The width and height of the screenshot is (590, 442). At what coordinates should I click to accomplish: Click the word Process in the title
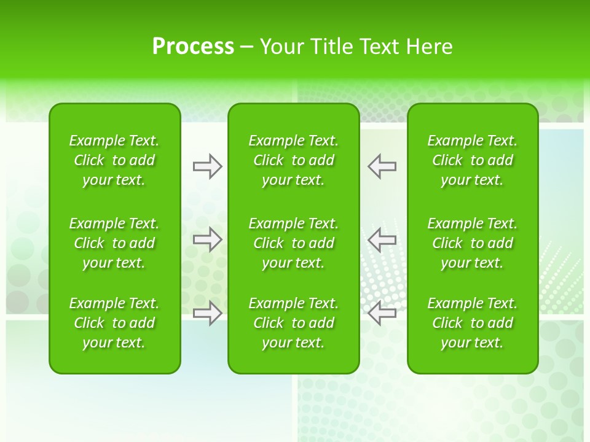pyautogui.click(x=193, y=47)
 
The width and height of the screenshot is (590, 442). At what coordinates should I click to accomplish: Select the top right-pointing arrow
pyautogui.click(x=207, y=166)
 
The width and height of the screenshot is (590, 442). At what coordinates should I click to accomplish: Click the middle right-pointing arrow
pyautogui.click(x=207, y=239)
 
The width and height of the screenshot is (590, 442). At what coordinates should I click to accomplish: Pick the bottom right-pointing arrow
pyautogui.click(x=207, y=312)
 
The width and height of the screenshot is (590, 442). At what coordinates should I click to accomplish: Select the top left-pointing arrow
pyautogui.click(x=382, y=166)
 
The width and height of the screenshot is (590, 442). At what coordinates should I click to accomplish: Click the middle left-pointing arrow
pyautogui.click(x=382, y=239)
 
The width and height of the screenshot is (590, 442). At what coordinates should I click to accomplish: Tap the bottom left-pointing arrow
pyautogui.click(x=382, y=312)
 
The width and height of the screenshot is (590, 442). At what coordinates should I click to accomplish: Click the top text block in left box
pyautogui.click(x=114, y=160)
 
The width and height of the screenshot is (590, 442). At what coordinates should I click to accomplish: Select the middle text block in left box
pyautogui.click(x=114, y=243)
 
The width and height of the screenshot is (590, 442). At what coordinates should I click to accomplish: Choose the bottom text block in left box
pyautogui.click(x=114, y=323)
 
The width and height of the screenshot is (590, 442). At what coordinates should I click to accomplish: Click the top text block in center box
pyautogui.click(x=294, y=160)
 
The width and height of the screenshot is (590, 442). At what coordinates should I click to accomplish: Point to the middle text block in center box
pyautogui.click(x=294, y=243)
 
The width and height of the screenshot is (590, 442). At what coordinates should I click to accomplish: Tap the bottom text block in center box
pyautogui.click(x=294, y=323)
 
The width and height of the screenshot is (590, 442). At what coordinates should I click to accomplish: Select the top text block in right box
pyautogui.click(x=473, y=160)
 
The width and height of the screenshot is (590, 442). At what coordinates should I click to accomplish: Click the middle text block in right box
pyautogui.click(x=473, y=243)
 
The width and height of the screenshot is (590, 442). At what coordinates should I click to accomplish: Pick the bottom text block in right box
pyautogui.click(x=473, y=323)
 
